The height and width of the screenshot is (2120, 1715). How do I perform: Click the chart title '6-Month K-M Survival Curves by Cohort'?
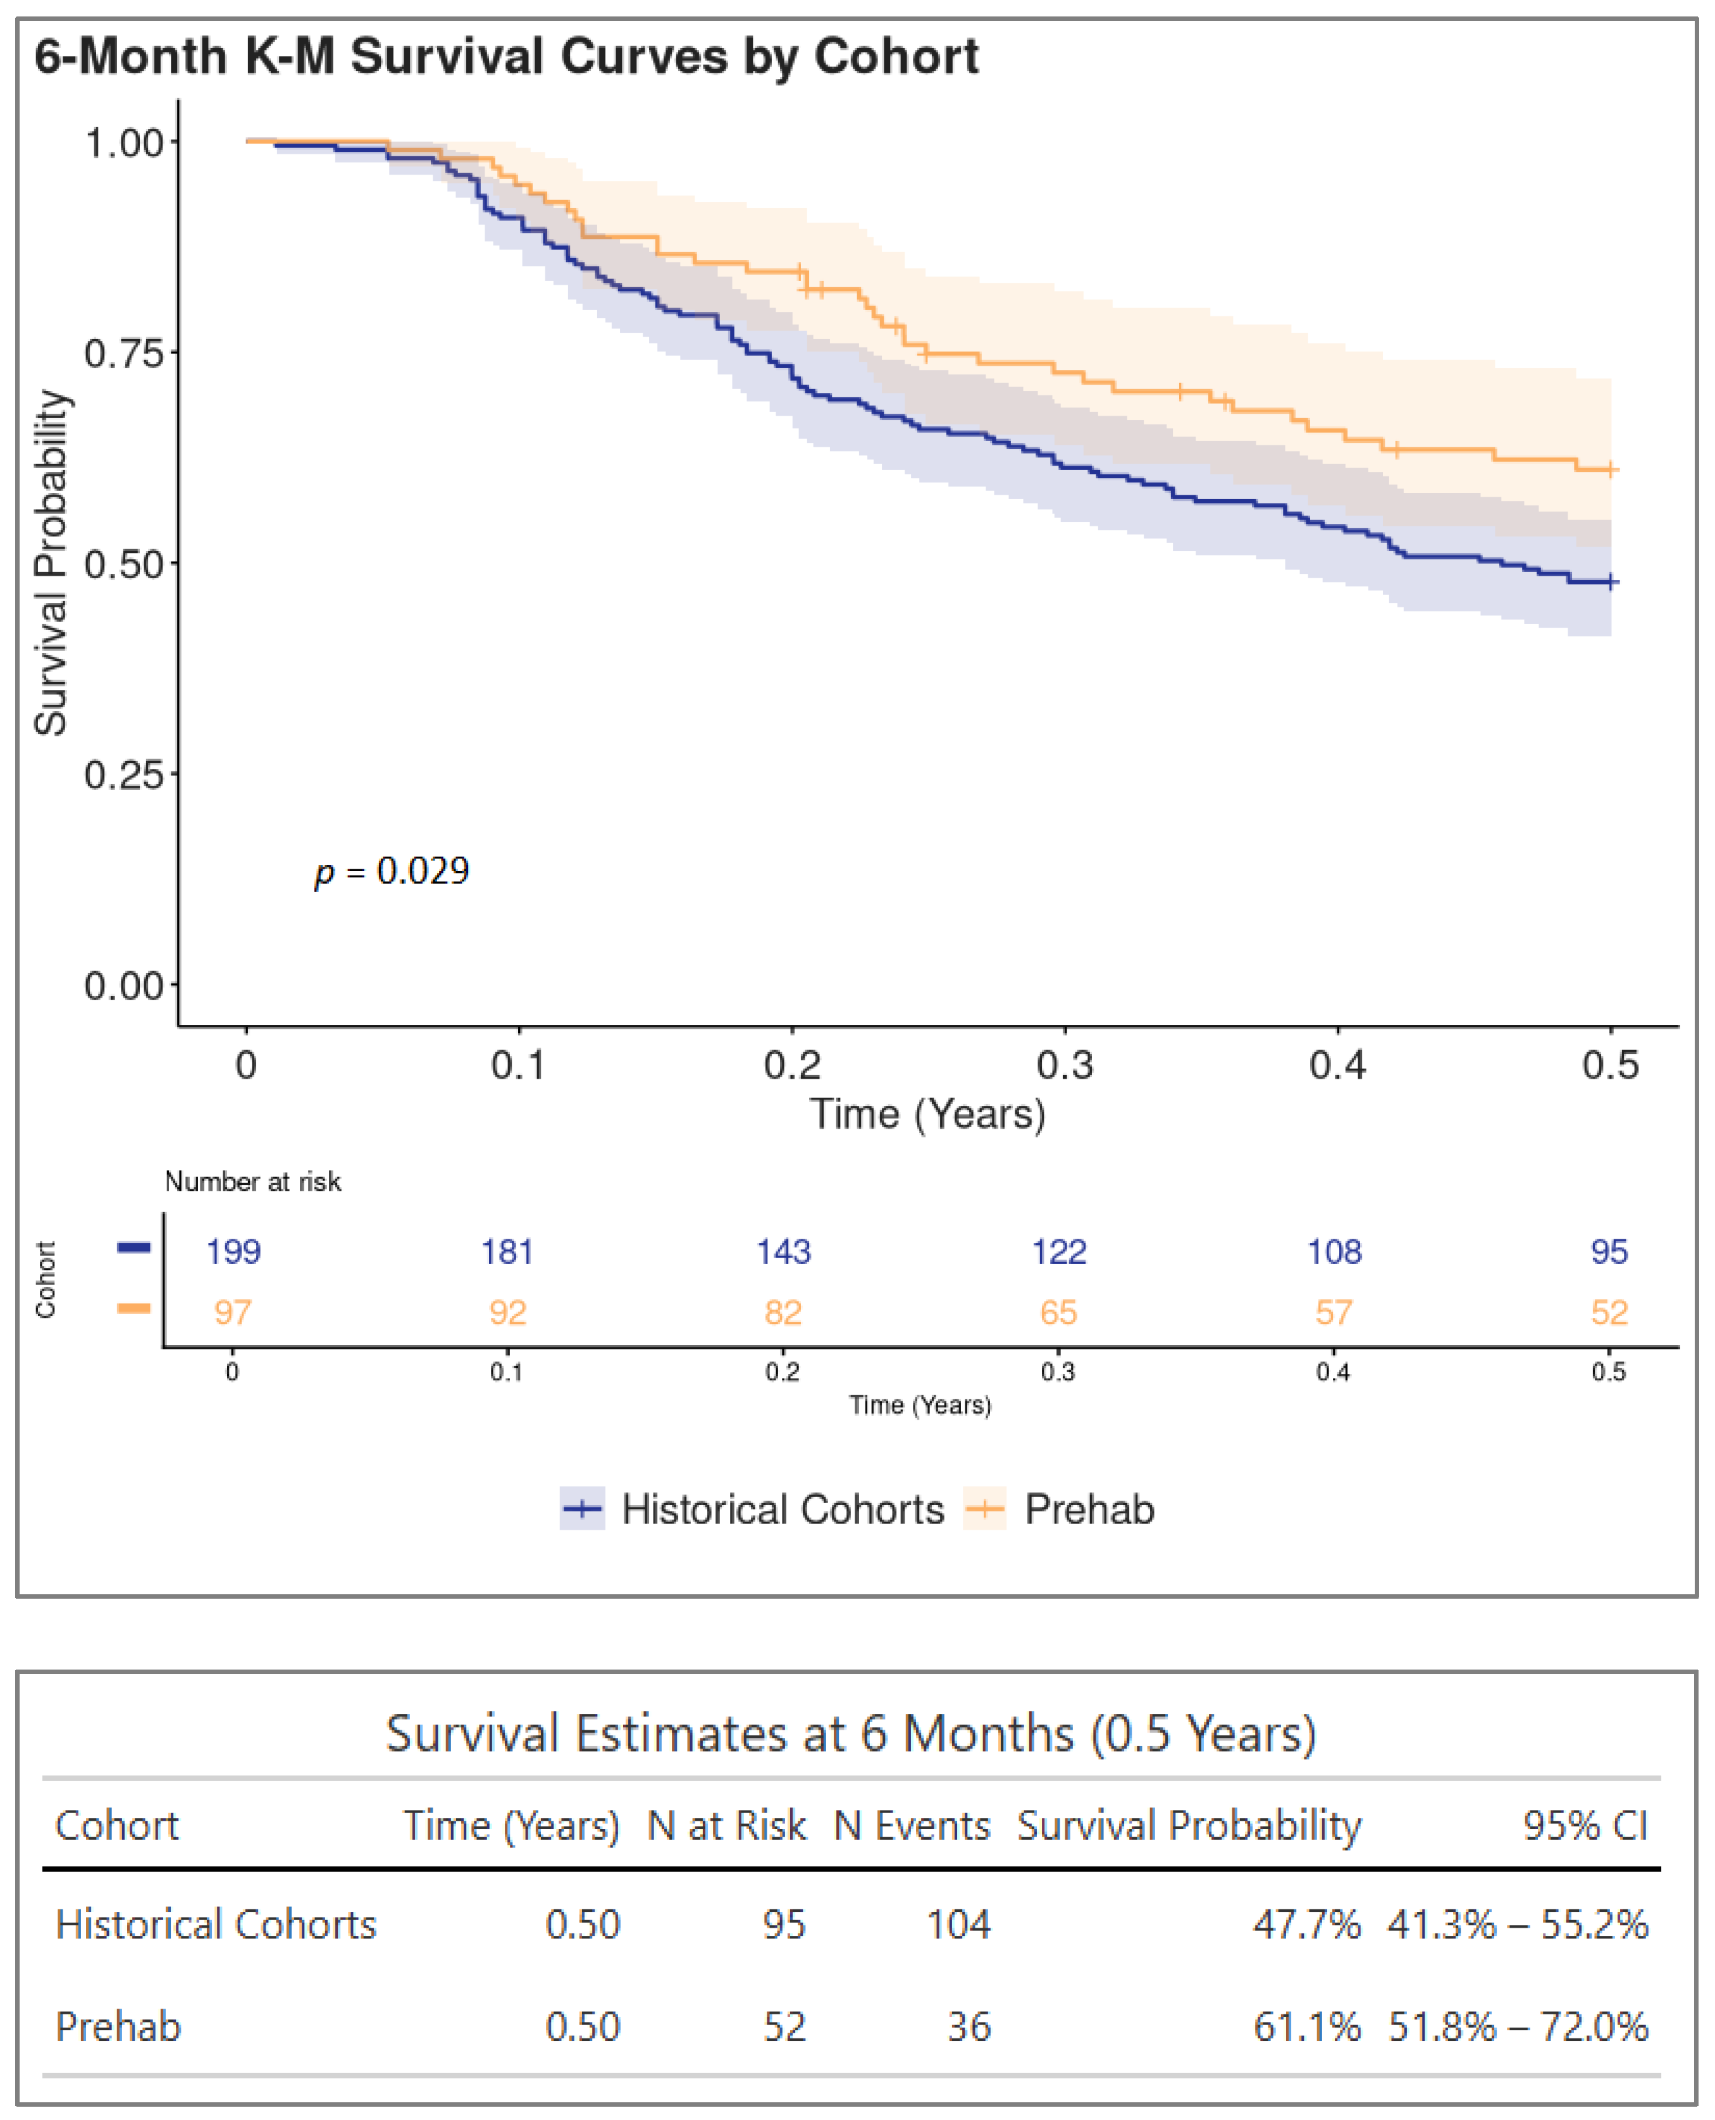point(506,56)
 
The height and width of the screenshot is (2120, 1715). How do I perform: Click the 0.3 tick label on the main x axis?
point(1064,1065)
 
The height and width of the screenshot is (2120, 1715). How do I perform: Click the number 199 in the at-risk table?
point(233,1251)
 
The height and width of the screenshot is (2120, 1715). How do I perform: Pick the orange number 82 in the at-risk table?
point(783,1313)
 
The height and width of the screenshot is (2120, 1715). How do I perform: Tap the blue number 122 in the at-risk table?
point(1058,1251)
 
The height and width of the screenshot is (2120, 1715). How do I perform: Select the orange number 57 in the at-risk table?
point(1333,1313)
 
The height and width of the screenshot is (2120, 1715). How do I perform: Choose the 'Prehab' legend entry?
point(1089,1509)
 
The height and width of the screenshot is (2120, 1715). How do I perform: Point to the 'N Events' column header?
point(911,1826)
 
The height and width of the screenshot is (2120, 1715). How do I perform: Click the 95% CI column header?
point(1585,1826)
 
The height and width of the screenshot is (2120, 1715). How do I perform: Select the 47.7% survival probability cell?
point(1306,1925)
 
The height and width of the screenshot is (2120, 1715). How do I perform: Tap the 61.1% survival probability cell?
point(1306,2027)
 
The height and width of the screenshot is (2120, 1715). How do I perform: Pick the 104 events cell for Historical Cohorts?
point(957,1925)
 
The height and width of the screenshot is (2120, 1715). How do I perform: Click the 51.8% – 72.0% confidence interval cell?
point(1518,2027)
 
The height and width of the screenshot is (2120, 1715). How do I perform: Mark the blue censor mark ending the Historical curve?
point(1610,582)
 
